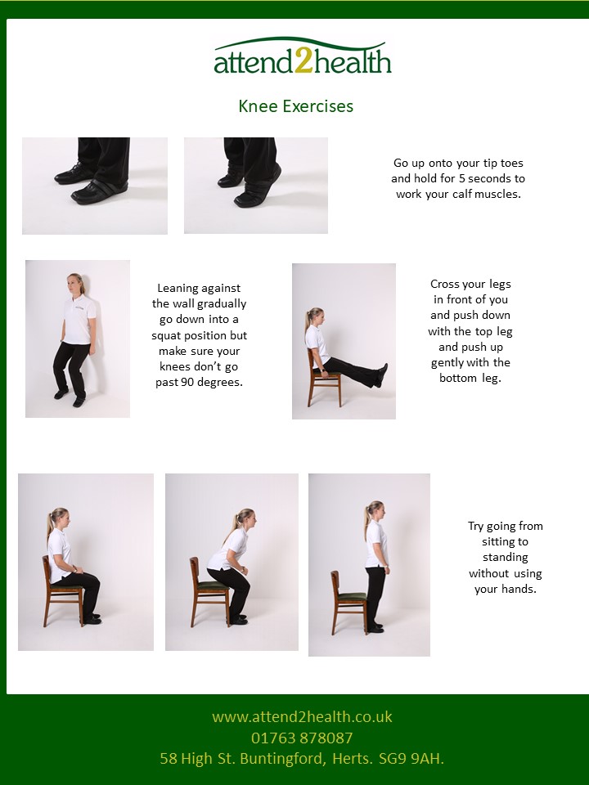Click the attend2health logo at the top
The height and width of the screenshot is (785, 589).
click(x=303, y=57)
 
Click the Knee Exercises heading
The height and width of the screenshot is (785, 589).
click(x=295, y=106)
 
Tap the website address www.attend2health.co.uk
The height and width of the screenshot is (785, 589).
click(x=302, y=717)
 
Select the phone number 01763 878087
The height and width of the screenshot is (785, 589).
click(x=302, y=738)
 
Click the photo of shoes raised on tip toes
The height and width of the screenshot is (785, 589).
click(x=256, y=186)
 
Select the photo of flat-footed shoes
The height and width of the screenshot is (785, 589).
click(x=95, y=186)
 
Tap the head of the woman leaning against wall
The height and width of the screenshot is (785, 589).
click(x=76, y=285)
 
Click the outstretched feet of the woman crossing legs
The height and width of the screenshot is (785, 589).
click(x=380, y=375)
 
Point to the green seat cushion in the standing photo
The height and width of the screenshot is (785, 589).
click(x=353, y=596)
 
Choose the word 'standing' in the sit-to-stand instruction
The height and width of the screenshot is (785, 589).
click(x=505, y=557)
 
